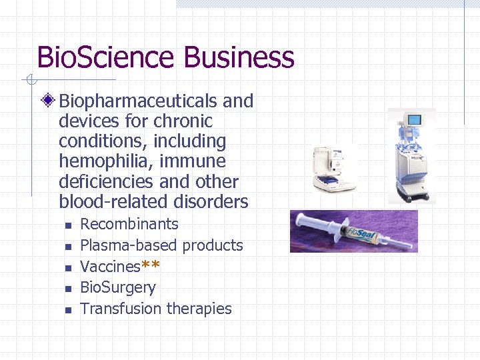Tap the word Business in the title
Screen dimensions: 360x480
(239, 57)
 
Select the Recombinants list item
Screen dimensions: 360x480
(129, 224)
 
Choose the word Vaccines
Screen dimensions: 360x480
(110, 267)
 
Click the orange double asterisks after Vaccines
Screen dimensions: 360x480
(151, 267)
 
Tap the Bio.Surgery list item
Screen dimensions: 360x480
(118, 288)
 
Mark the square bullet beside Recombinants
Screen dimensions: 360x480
(68, 225)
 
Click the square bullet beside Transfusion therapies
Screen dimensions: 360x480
(68, 310)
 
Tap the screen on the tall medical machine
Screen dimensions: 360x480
(415, 121)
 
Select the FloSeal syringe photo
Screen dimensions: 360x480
(353, 231)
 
